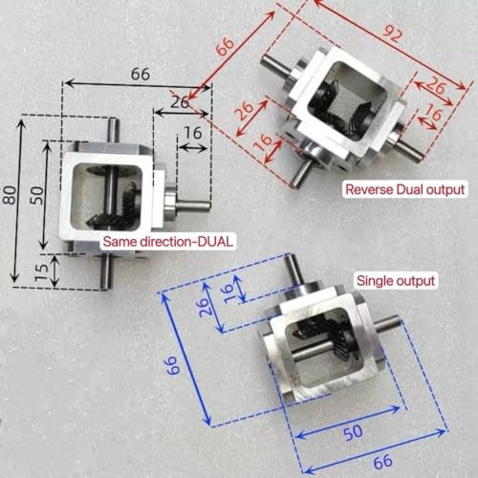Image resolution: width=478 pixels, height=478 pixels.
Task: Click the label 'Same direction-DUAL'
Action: click(167, 243)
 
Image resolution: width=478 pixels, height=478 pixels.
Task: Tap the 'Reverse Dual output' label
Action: click(405, 188)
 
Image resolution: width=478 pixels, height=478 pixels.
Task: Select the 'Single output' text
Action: click(396, 281)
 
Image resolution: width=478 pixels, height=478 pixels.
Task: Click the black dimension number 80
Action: click(11, 196)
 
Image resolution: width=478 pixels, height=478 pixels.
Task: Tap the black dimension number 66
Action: click(140, 73)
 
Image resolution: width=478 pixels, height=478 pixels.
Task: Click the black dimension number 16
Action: click(191, 133)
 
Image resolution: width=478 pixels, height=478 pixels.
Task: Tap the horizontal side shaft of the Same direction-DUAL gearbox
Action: click(197, 203)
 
